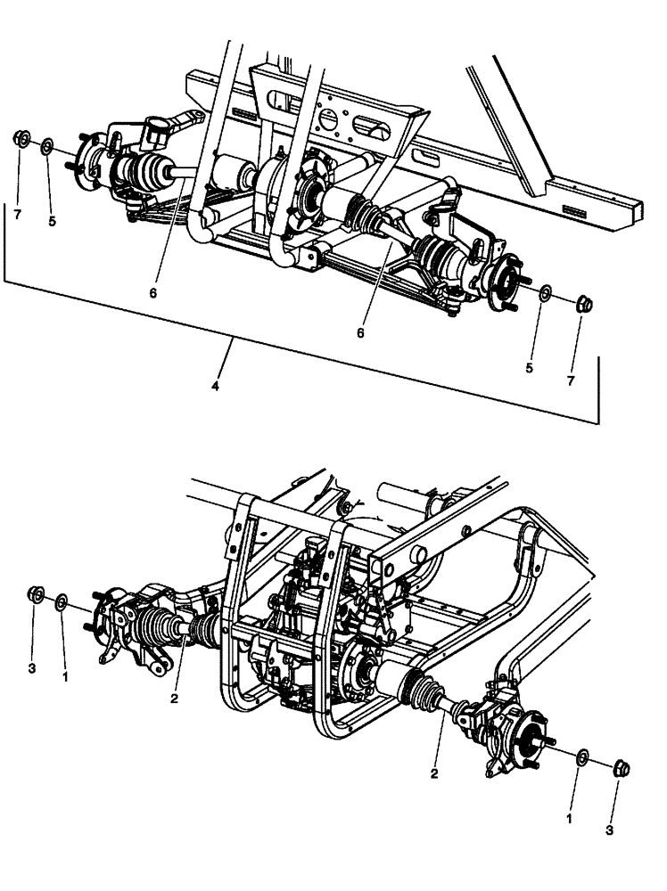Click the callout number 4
[214, 388]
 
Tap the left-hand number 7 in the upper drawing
[16, 214]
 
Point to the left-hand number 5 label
[52, 221]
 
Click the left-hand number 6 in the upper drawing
[153, 292]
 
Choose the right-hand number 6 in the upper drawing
[360, 331]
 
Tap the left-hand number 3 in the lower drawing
[32, 666]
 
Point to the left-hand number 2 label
[175, 699]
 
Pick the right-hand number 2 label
[434, 774]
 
